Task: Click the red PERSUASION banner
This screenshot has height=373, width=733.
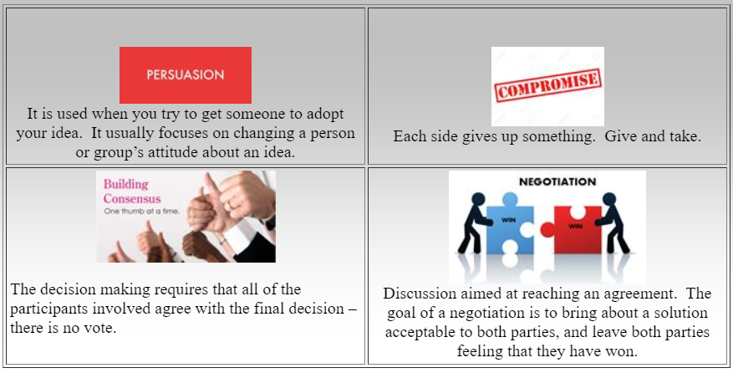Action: pyautogui.click(x=186, y=75)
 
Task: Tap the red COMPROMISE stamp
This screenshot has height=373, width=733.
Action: pyautogui.click(x=548, y=85)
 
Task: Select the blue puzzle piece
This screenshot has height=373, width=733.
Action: pyautogui.click(x=509, y=226)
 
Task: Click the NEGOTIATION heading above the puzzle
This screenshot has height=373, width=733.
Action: pyautogui.click(x=557, y=181)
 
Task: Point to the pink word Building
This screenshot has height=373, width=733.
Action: pyautogui.click(x=125, y=184)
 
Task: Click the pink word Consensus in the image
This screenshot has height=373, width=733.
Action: pyautogui.click(x=132, y=198)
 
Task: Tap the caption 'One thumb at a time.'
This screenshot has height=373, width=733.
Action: pyautogui.click(x=141, y=211)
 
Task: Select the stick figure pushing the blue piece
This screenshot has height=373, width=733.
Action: pyautogui.click(x=474, y=222)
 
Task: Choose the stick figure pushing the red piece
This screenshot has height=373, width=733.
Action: pyautogui.click(x=613, y=222)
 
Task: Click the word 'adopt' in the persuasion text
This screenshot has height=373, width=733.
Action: pyautogui.click(x=325, y=115)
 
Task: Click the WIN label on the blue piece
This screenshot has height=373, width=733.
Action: pyautogui.click(x=508, y=219)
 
